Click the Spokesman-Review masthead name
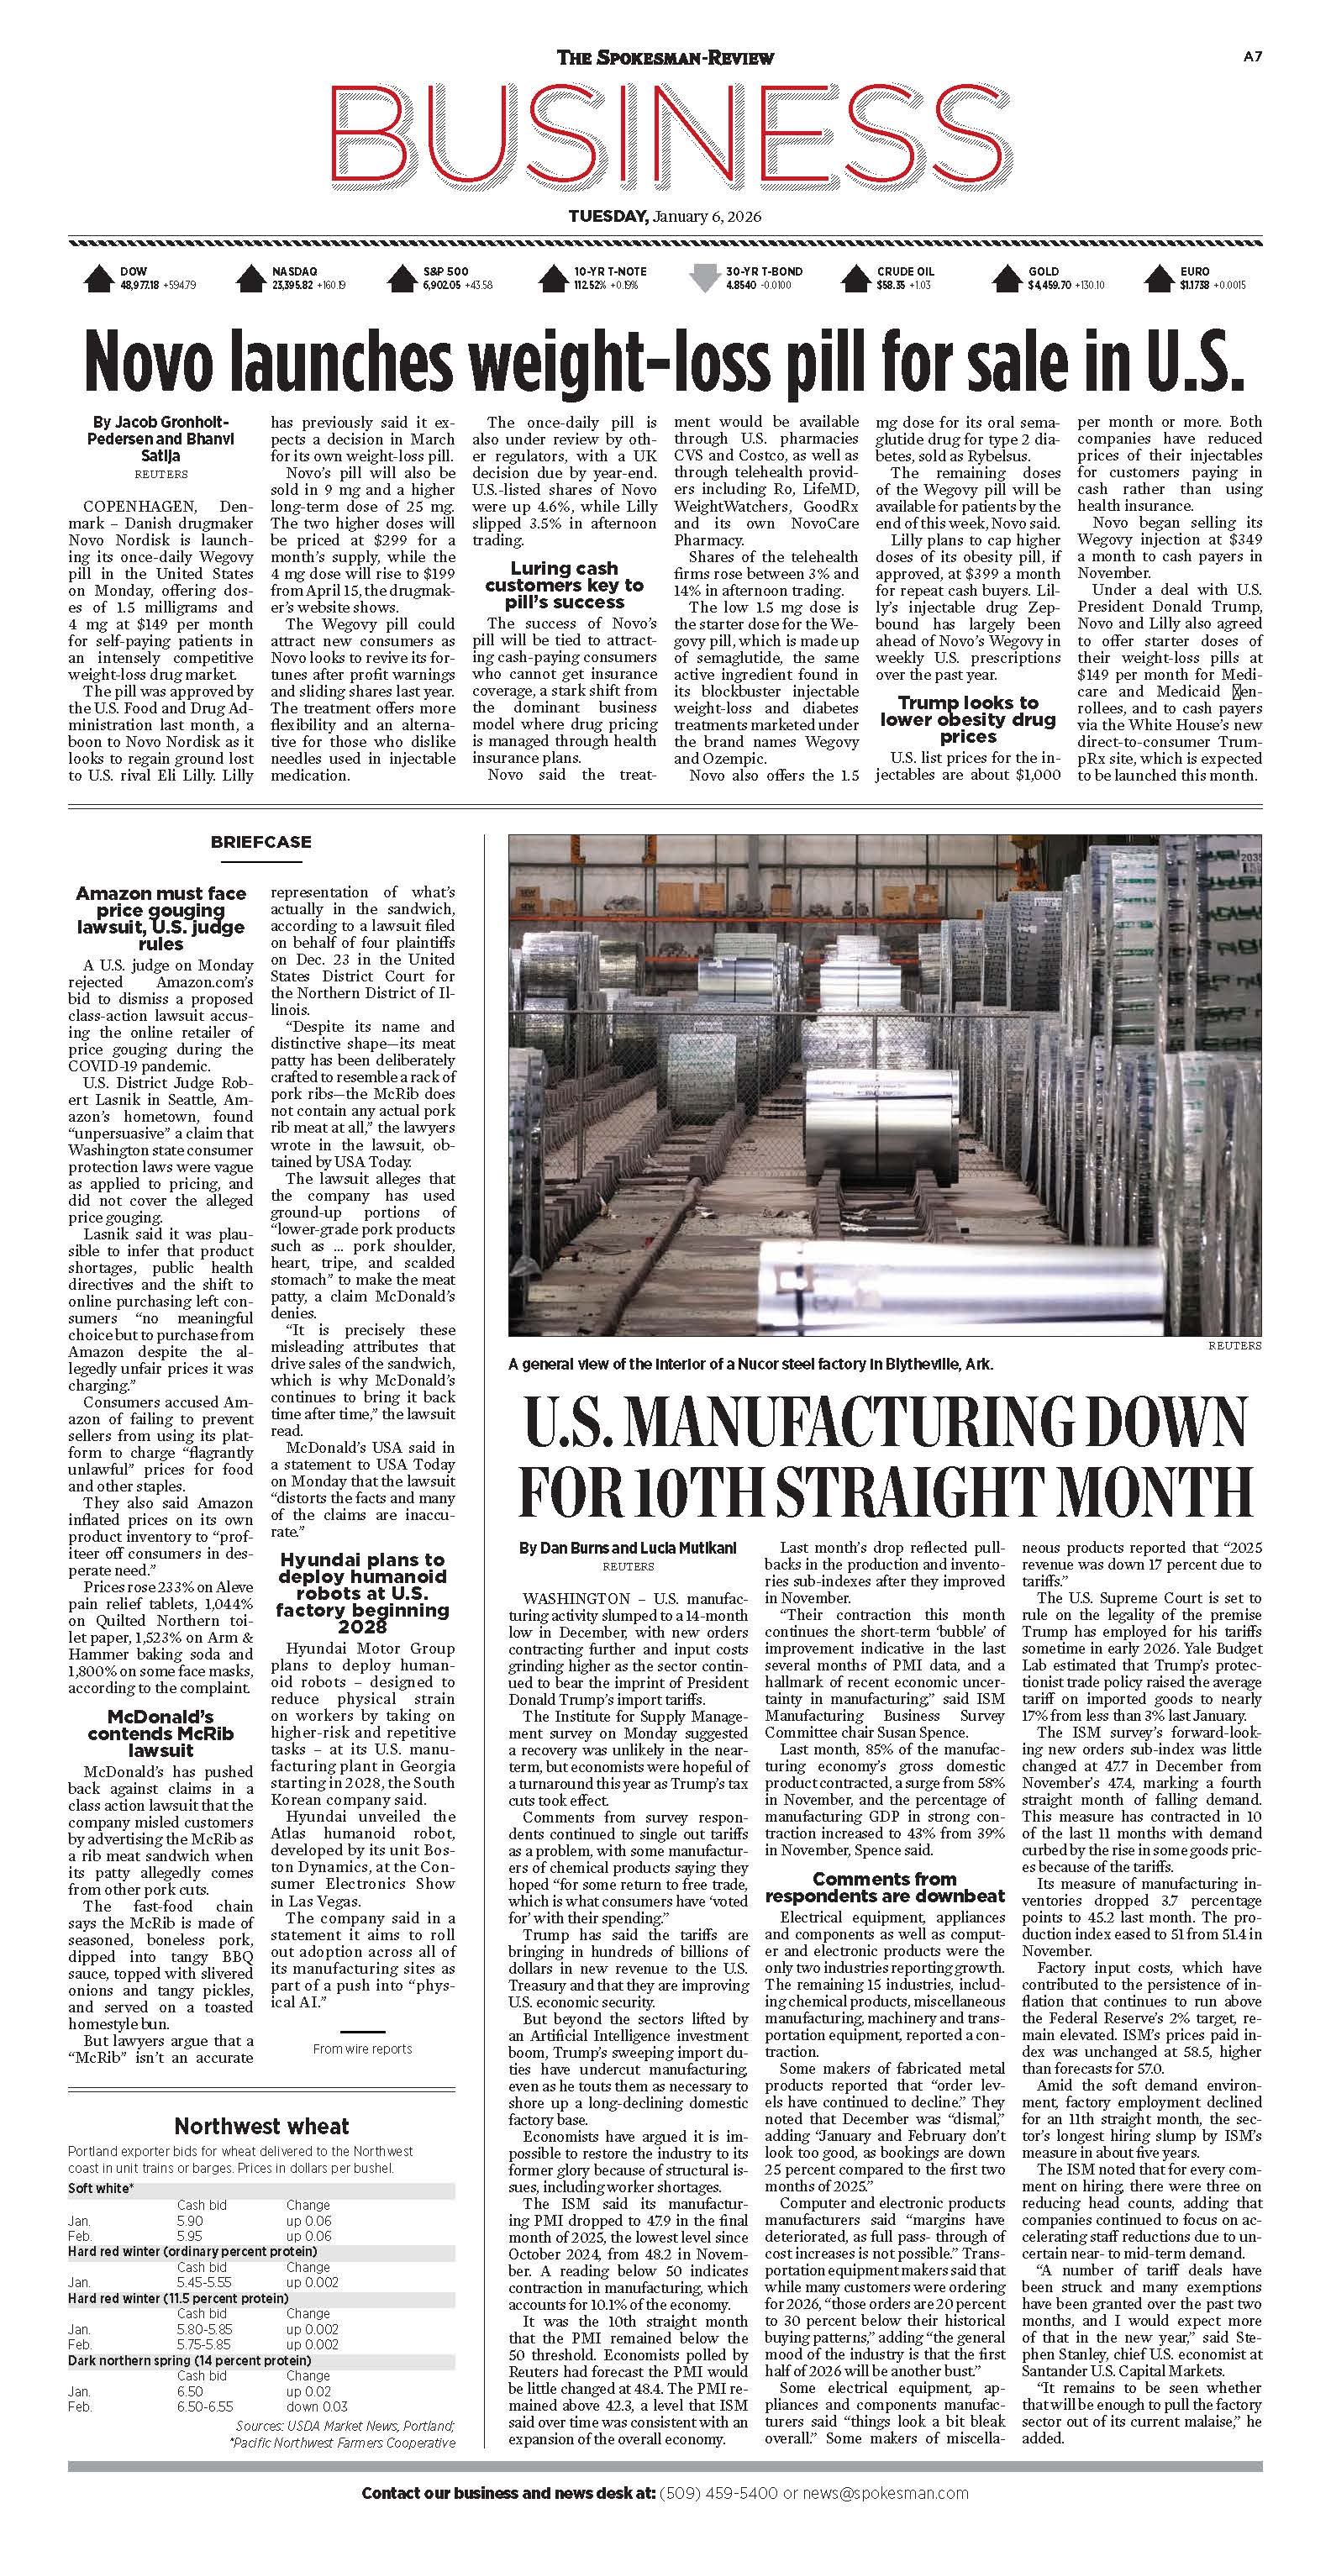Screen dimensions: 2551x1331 (x=665, y=57)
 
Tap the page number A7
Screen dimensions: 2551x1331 (x=1252, y=57)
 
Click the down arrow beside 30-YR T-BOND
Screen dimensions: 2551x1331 (x=704, y=278)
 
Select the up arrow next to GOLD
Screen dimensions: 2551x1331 (x=1008, y=278)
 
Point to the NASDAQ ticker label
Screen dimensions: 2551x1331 (x=294, y=271)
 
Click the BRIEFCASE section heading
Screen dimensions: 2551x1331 (x=260, y=842)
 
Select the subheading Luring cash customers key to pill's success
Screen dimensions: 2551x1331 (x=564, y=586)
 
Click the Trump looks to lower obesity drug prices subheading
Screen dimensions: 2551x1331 (x=967, y=720)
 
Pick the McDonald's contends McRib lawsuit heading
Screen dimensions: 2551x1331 (x=160, y=1733)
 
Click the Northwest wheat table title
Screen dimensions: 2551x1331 (x=261, y=2126)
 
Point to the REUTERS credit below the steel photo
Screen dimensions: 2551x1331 (x=1234, y=1346)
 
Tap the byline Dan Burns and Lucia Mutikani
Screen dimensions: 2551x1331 (x=628, y=1548)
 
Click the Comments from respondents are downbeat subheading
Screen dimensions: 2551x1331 (x=884, y=1887)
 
